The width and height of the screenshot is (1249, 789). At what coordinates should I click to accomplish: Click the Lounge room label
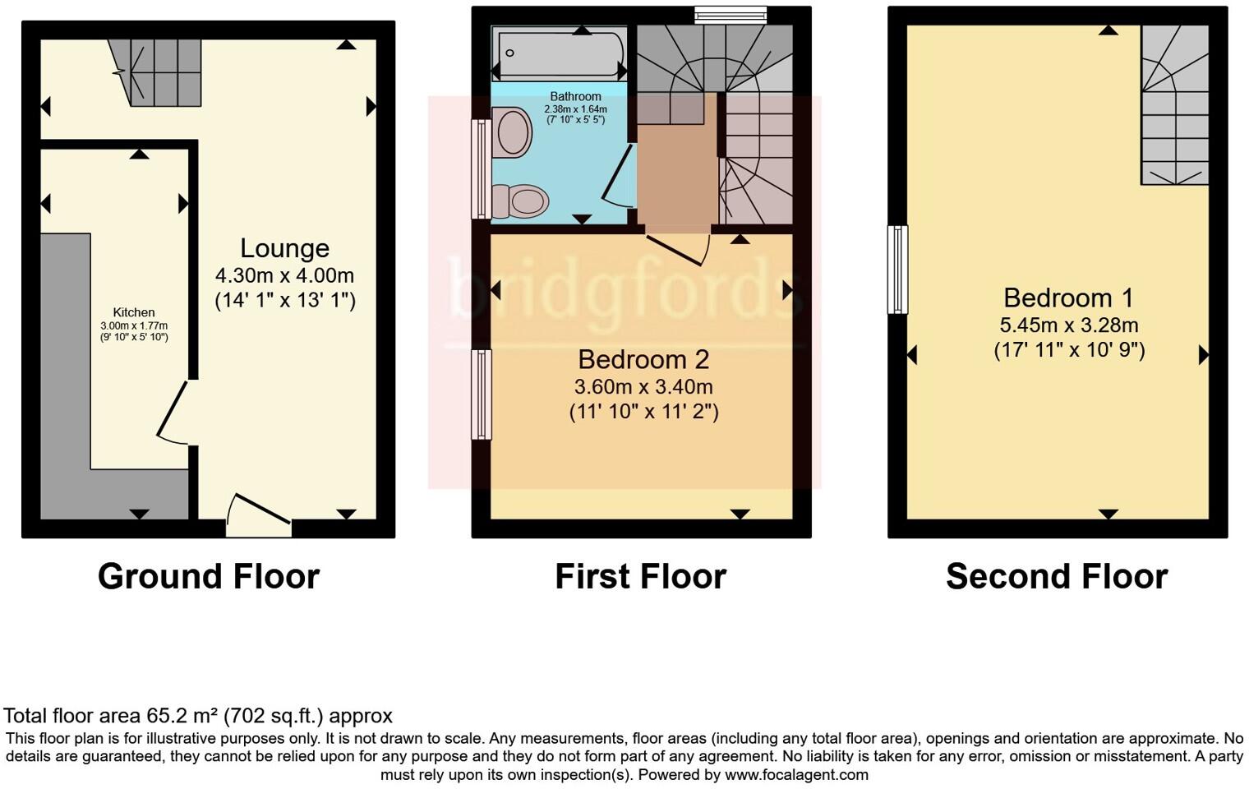pyautogui.click(x=284, y=248)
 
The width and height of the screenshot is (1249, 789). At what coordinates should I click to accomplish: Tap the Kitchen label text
pyautogui.click(x=134, y=312)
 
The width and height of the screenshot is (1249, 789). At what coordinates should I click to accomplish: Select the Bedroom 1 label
pyautogui.click(x=1068, y=298)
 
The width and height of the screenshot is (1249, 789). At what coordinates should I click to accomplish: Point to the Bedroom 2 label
pyautogui.click(x=643, y=359)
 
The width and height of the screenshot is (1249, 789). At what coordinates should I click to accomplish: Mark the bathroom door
pyautogui.click(x=618, y=176)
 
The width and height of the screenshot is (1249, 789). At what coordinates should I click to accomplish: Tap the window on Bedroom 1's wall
pyautogui.click(x=897, y=270)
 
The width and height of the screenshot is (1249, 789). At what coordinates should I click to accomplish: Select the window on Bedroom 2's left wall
pyautogui.click(x=481, y=394)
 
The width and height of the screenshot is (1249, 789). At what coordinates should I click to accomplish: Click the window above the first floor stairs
pyautogui.click(x=730, y=15)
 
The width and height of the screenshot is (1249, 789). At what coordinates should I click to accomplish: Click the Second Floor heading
pyautogui.click(x=1056, y=577)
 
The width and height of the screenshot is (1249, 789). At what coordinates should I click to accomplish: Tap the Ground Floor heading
pyautogui.click(x=209, y=577)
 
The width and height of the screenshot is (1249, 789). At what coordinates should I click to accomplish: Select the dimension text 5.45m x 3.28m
pyautogui.click(x=1068, y=325)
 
